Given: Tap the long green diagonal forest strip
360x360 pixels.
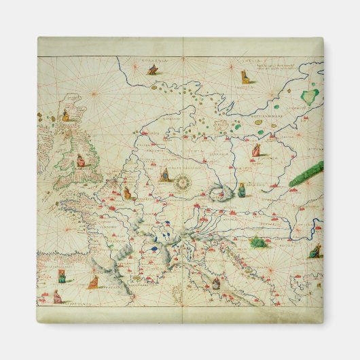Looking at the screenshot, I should click(x=306, y=173).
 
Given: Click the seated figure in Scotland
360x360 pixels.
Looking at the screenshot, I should click(x=67, y=115).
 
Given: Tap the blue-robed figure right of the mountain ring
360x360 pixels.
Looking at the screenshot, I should click(x=241, y=190).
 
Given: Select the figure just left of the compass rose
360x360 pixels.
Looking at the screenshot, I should click(x=164, y=175).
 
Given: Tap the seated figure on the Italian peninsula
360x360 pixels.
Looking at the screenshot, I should click(x=216, y=283).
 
